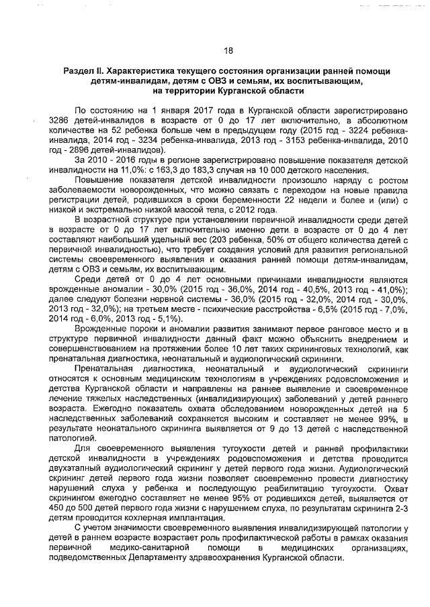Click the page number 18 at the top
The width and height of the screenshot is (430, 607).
tap(228, 51)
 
